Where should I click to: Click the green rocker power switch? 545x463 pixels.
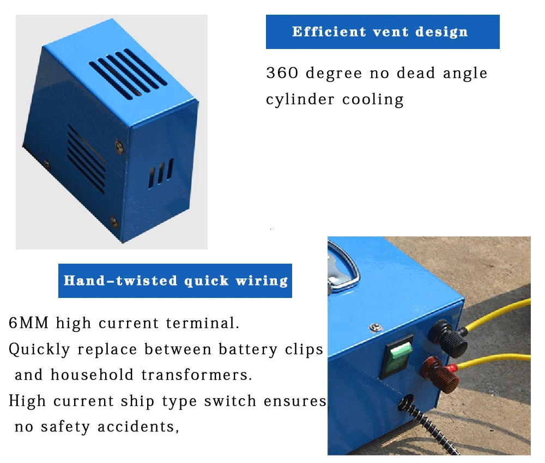tap(397, 356)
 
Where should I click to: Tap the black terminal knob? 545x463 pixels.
tap(449, 338)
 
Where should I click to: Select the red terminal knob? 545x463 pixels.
tap(440, 375)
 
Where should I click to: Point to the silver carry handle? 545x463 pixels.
tap(342, 267)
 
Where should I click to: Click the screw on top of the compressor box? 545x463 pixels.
tap(376, 327)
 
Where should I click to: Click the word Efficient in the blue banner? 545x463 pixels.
tap(329, 32)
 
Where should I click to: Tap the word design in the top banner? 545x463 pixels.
tap(441, 32)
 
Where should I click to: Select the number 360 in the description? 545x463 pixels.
tap(282, 73)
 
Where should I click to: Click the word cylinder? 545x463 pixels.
tap(300, 100)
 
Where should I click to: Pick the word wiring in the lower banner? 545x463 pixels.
tap(262, 281)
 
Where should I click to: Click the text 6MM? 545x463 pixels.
tap(28, 322)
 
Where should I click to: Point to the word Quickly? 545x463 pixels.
tap(39, 349)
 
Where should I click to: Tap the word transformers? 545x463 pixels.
tap(197, 375)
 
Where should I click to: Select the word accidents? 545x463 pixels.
tap(138, 427)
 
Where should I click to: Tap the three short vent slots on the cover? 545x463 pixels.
tap(161, 173)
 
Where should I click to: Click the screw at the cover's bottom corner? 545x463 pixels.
tap(114, 221)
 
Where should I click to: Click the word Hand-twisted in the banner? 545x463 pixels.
tap(120, 281)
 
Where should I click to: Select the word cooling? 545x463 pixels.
tap(373, 100)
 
